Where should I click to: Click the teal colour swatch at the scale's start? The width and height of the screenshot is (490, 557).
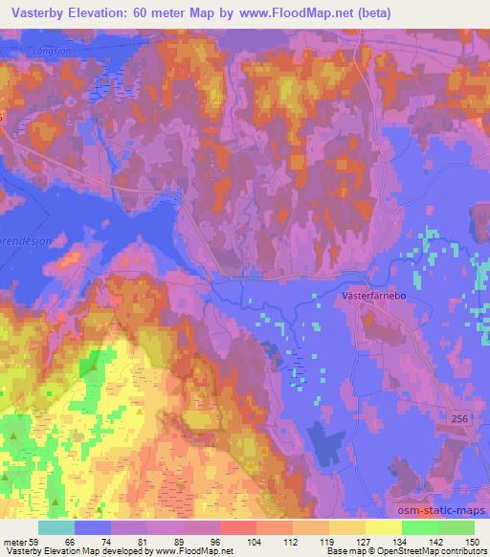click(x=56, y=527)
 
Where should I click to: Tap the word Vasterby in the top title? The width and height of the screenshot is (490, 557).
click(x=35, y=12)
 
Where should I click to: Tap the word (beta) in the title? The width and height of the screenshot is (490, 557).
click(x=367, y=12)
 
